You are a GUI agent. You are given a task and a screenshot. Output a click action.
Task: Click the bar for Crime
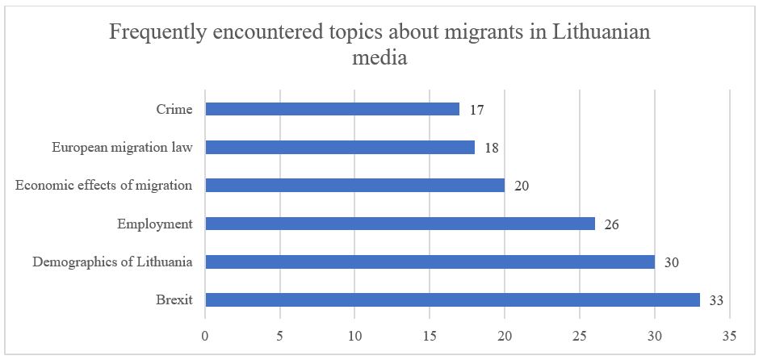click(332, 109)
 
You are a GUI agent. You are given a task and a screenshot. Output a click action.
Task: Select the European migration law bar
click(339, 147)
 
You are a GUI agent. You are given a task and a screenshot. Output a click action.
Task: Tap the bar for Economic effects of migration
click(354, 185)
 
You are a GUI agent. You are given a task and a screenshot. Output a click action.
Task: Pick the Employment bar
click(400, 224)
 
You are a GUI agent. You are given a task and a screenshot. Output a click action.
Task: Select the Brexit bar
click(452, 300)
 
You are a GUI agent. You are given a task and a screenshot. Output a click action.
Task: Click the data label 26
click(610, 224)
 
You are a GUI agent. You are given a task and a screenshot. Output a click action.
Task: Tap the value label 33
click(715, 301)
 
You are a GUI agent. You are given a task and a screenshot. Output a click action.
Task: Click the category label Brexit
click(174, 300)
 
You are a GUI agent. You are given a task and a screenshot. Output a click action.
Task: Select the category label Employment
click(154, 224)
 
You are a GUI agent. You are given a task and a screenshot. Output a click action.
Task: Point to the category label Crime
click(174, 109)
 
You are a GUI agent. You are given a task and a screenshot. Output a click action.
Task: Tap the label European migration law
click(122, 147)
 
